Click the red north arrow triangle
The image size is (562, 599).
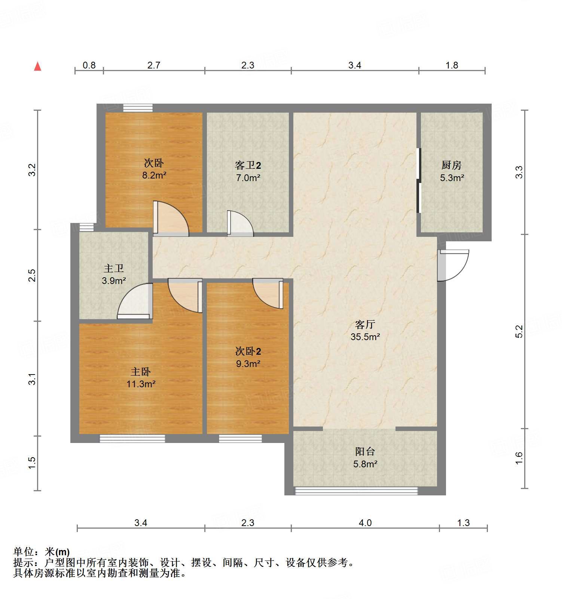[x=37, y=66]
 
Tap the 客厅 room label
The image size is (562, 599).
[x=365, y=324]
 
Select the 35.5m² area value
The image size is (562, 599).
[x=365, y=337]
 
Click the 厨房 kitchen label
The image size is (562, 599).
[x=451, y=165]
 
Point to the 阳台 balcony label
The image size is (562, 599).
[x=365, y=452]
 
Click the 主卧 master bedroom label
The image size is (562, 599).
[x=140, y=372]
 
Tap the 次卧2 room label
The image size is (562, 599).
[x=248, y=351]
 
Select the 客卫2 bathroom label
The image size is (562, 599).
[x=248, y=165]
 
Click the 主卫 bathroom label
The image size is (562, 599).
[x=113, y=268]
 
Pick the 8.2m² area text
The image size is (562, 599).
[x=154, y=175]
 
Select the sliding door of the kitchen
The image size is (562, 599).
[x=419, y=181]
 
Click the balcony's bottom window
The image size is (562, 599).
[x=356, y=490]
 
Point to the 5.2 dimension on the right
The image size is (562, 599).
[x=519, y=331]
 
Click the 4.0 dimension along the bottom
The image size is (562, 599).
[x=365, y=523]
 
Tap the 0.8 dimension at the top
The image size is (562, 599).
[x=89, y=65]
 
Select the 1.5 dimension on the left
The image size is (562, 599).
[x=32, y=463]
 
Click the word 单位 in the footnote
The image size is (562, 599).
[x=24, y=552]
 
